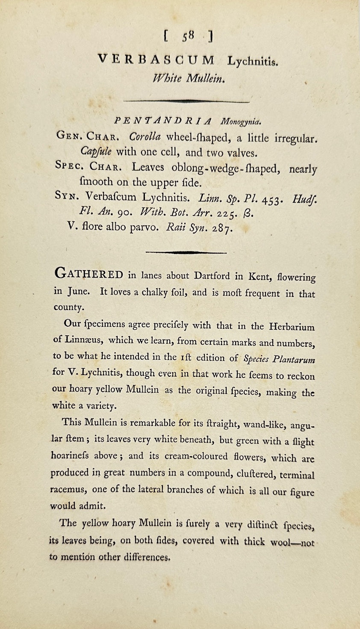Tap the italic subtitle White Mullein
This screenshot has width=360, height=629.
click(188, 78)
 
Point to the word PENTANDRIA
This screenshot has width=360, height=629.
click(163, 121)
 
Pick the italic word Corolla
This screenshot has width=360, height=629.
click(145, 137)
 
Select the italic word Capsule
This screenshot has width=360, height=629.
click(96, 152)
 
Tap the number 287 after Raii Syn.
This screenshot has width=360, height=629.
click(223, 228)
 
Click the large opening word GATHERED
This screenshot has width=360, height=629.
click(89, 275)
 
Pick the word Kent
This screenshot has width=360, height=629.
click(259, 277)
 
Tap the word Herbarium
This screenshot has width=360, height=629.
click(292, 327)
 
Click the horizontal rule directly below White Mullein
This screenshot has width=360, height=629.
click(186, 101)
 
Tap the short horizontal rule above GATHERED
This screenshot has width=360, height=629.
click(186, 252)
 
